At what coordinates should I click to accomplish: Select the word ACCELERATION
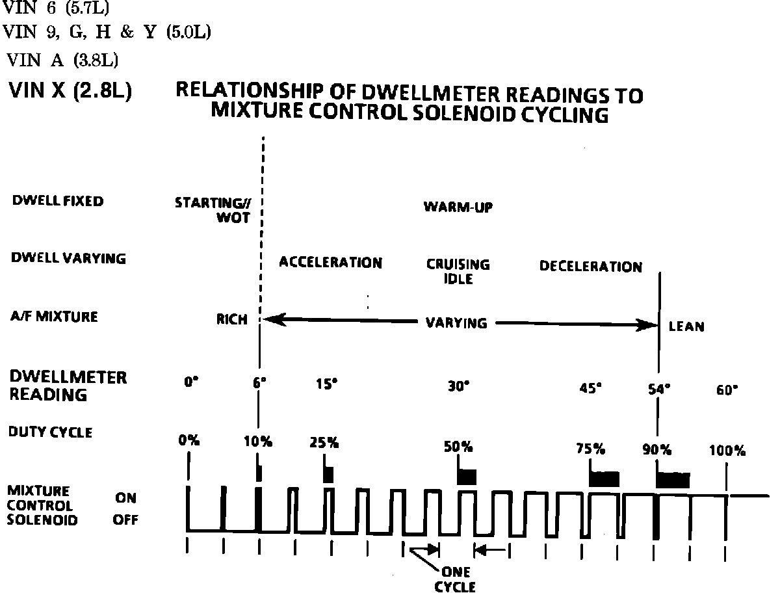[330, 263]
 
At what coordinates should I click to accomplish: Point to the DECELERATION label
[590, 267]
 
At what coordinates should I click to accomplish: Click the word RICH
[232, 320]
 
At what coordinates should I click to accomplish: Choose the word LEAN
[686, 326]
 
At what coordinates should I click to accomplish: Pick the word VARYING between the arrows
[456, 323]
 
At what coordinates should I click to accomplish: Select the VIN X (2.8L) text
[70, 92]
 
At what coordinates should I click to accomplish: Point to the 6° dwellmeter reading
[259, 384]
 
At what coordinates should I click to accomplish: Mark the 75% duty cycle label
[590, 449]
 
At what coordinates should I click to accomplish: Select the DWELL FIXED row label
[58, 202]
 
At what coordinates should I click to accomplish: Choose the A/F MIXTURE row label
[55, 317]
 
